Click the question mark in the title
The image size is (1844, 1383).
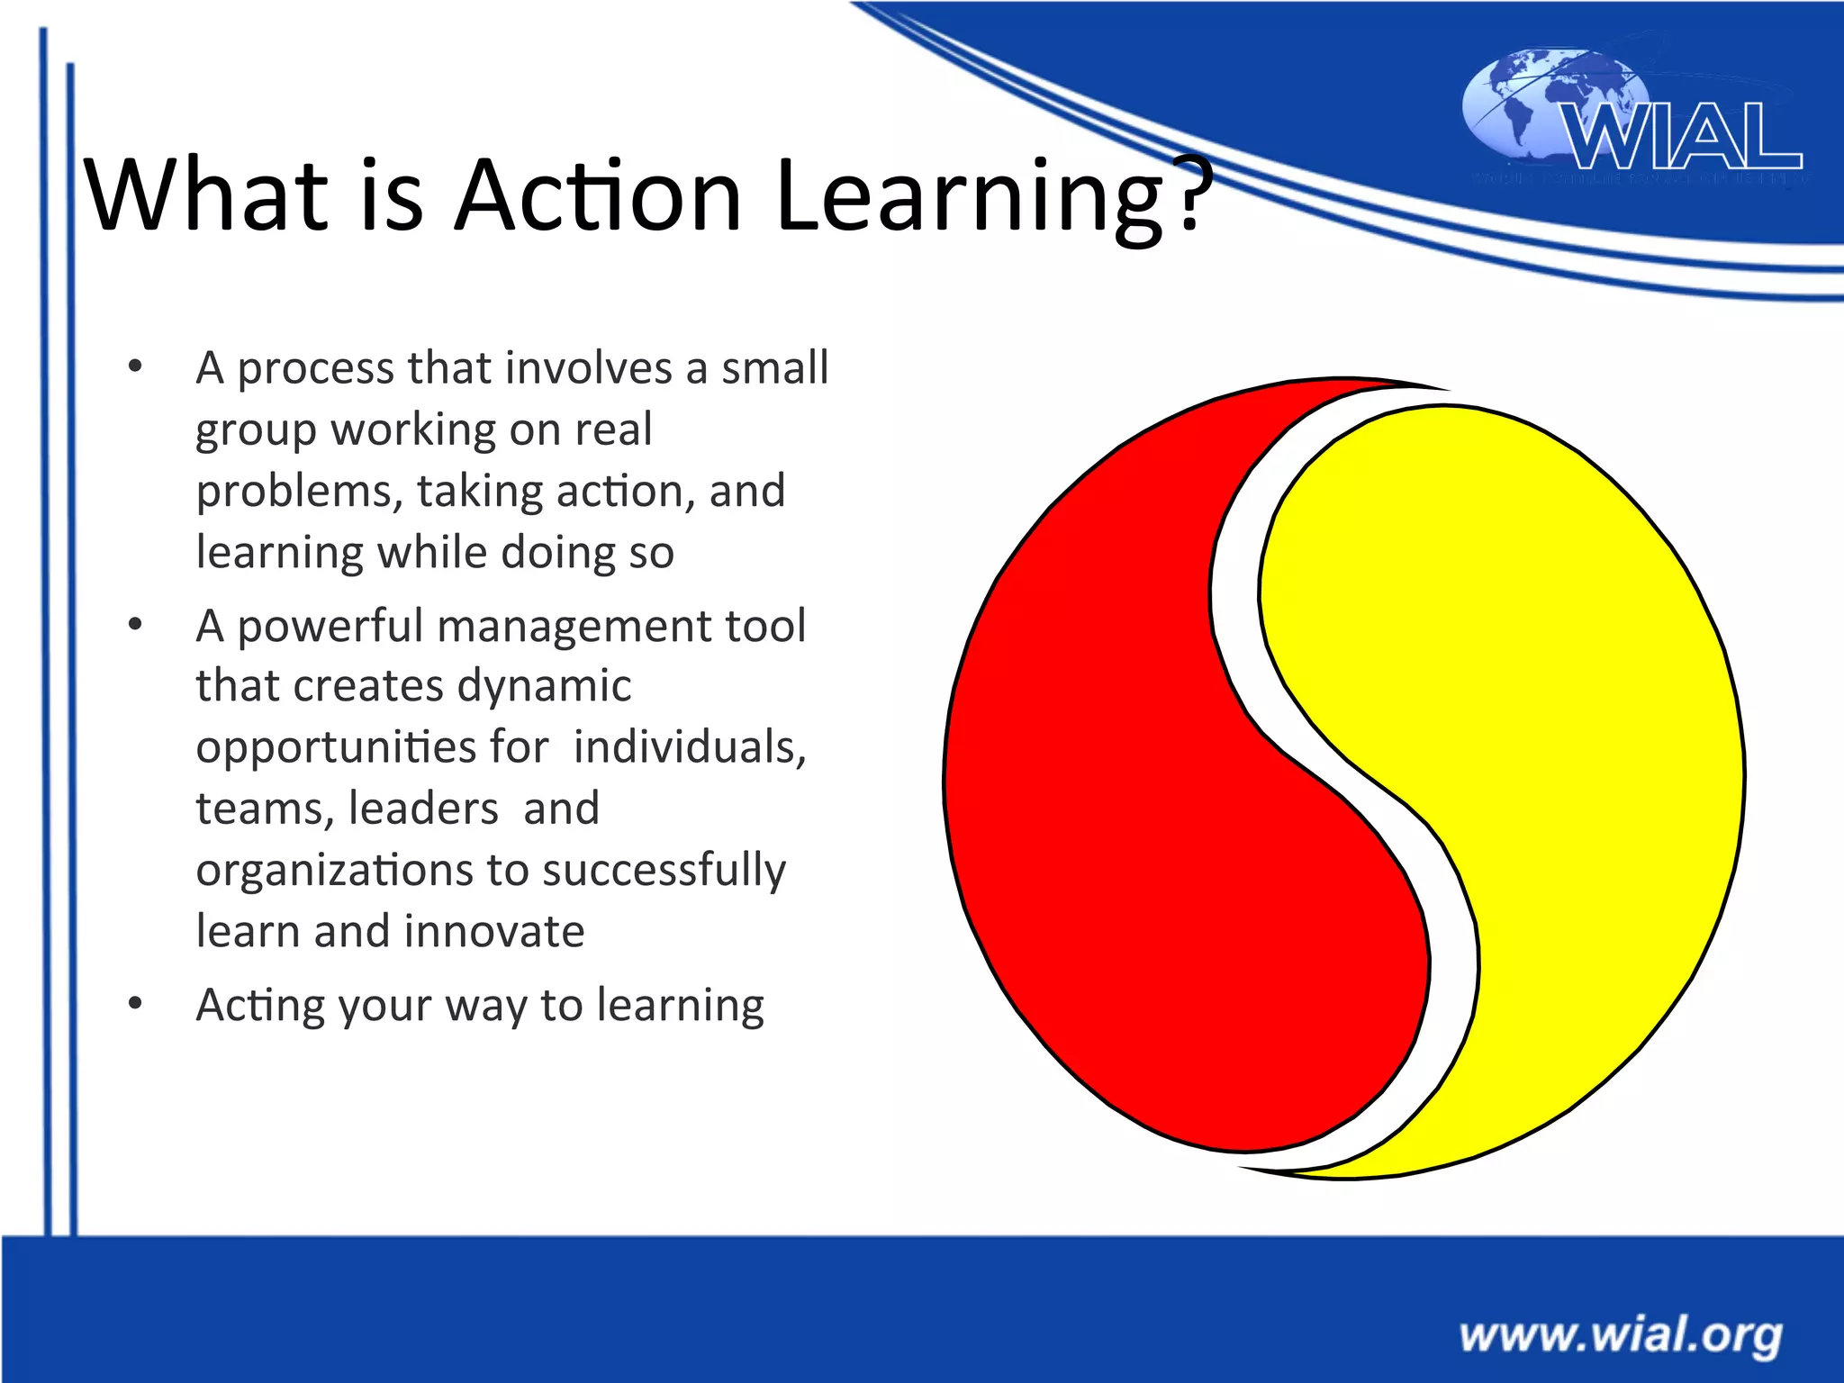click(1189, 193)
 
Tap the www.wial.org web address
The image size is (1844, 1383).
click(1620, 1334)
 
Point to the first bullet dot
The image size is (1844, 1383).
click(135, 366)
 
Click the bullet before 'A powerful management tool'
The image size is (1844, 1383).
click(135, 624)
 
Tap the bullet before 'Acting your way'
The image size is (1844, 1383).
click(135, 1003)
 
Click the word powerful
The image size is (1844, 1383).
click(330, 626)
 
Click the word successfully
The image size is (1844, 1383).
click(664, 872)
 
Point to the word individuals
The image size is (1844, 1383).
click(690, 747)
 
